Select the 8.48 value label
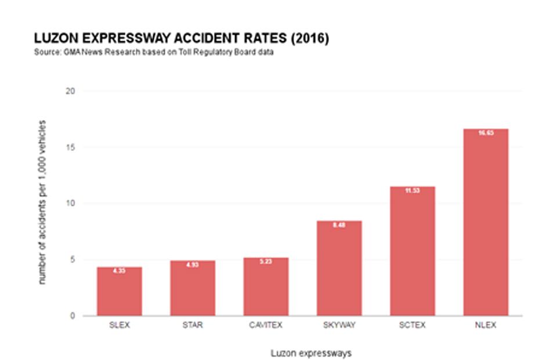pos(339,225)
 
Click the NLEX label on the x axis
pos(486,325)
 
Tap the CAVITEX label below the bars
pos(266,325)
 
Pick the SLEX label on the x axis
pos(119,325)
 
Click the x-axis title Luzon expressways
pos(311,353)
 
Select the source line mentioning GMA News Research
pos(154,53)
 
